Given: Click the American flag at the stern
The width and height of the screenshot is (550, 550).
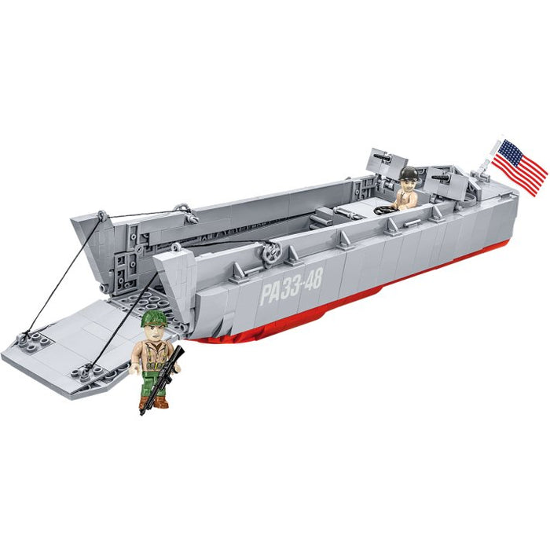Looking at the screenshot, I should (x=520, y=167).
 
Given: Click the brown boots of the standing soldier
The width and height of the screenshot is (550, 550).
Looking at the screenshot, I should (x=155, y=402).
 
